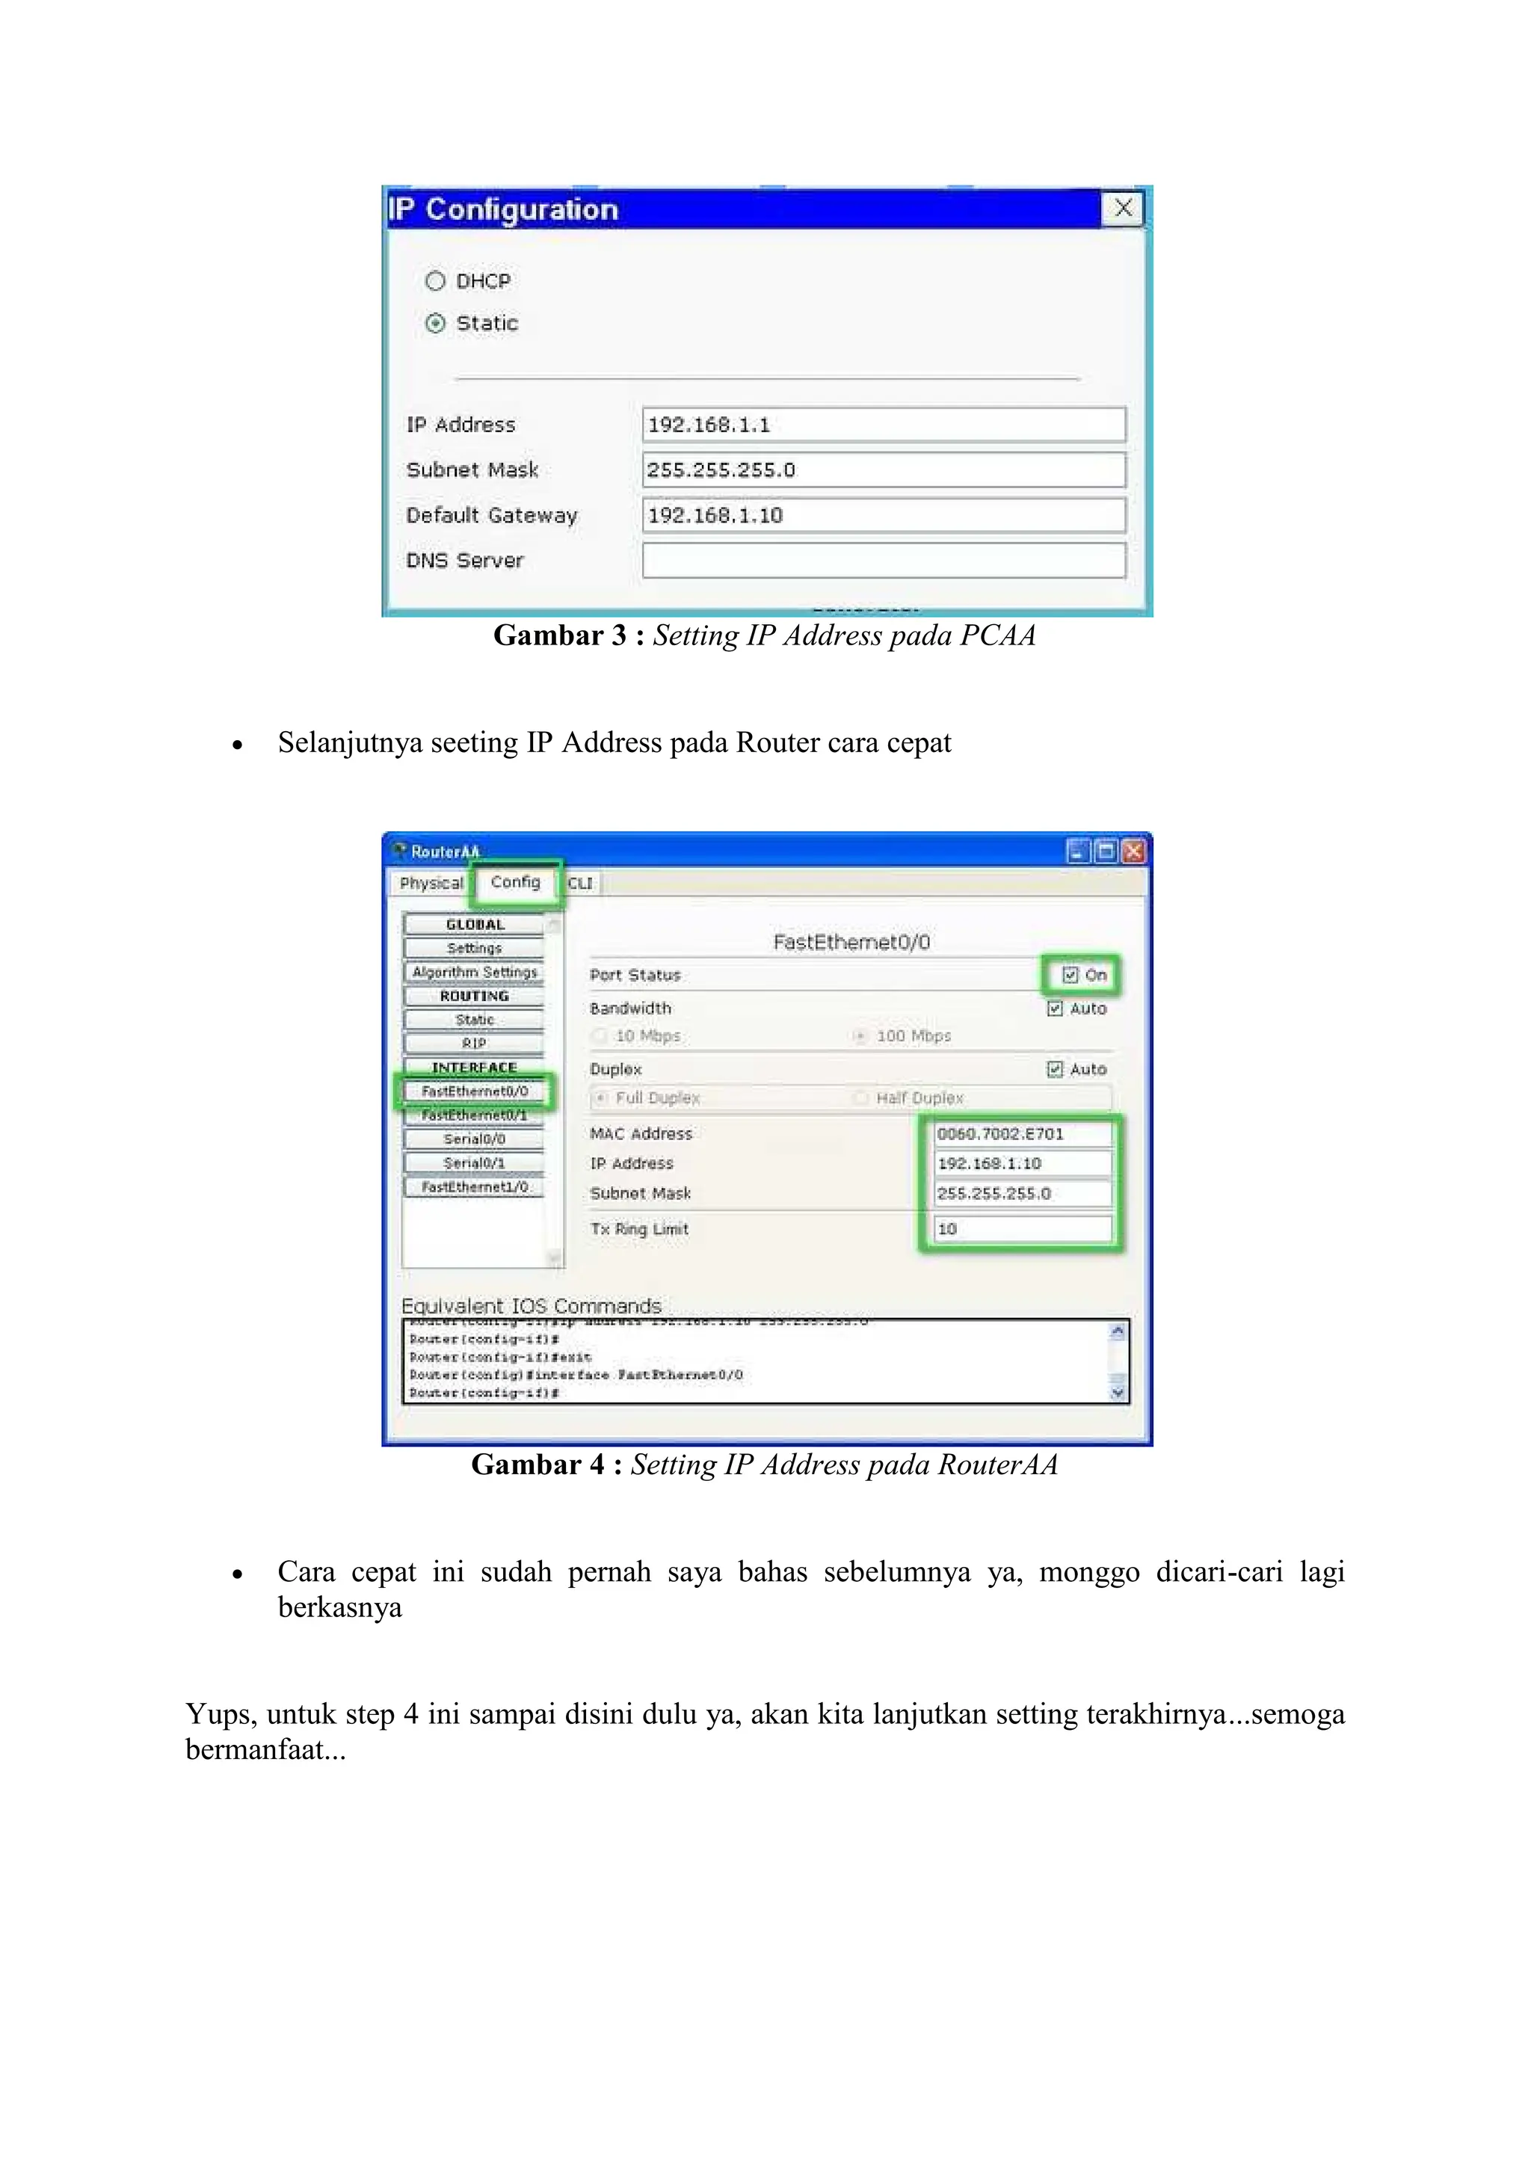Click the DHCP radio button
(x=434, y=281)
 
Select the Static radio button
(x=434, y=324)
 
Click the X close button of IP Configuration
(x=1123, y=209)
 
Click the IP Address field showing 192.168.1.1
(x=884, y=425)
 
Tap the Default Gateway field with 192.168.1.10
(x=884, y=515)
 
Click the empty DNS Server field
(x=884, y=560)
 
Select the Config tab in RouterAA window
(x=515, y=883)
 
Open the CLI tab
(x=580, y=884)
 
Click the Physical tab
(x=431, y=884)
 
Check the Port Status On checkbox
(x=1070, y=975)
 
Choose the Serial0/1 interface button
(x=474, y=1162)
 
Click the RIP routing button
(x=474, y=1043)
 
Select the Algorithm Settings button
(x=474, y=972)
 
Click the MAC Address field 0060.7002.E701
(x=1022, y=1133)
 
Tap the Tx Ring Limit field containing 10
(x=1022, y=1229)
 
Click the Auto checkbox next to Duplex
(x=1055, y=1069)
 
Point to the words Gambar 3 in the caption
(x=559, y=635)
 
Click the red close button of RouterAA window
(x=1134, y=852)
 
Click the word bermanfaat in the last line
(x=265, y=1750)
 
